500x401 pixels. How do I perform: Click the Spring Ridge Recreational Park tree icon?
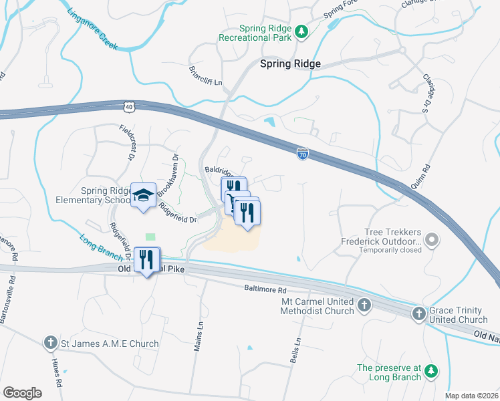tap(301, 31)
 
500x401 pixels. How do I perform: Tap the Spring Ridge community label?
tap(290, 63)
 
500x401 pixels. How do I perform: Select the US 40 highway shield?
tap(130, 106)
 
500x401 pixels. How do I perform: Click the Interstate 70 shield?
tap(303, 154)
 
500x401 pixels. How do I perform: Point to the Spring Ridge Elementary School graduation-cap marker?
tap(143, 194)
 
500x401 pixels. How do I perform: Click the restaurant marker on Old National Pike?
tap(146, 259)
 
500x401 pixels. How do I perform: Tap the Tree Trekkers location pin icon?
tap(432, 239)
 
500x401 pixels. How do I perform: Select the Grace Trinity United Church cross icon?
tap(418, 313)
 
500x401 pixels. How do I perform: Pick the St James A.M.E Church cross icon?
tap(51, 344)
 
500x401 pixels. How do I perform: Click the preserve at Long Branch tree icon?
tap(432, 370)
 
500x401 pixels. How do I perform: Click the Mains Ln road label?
tap(198, 334)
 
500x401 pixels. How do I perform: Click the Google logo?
tap(23, 393)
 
